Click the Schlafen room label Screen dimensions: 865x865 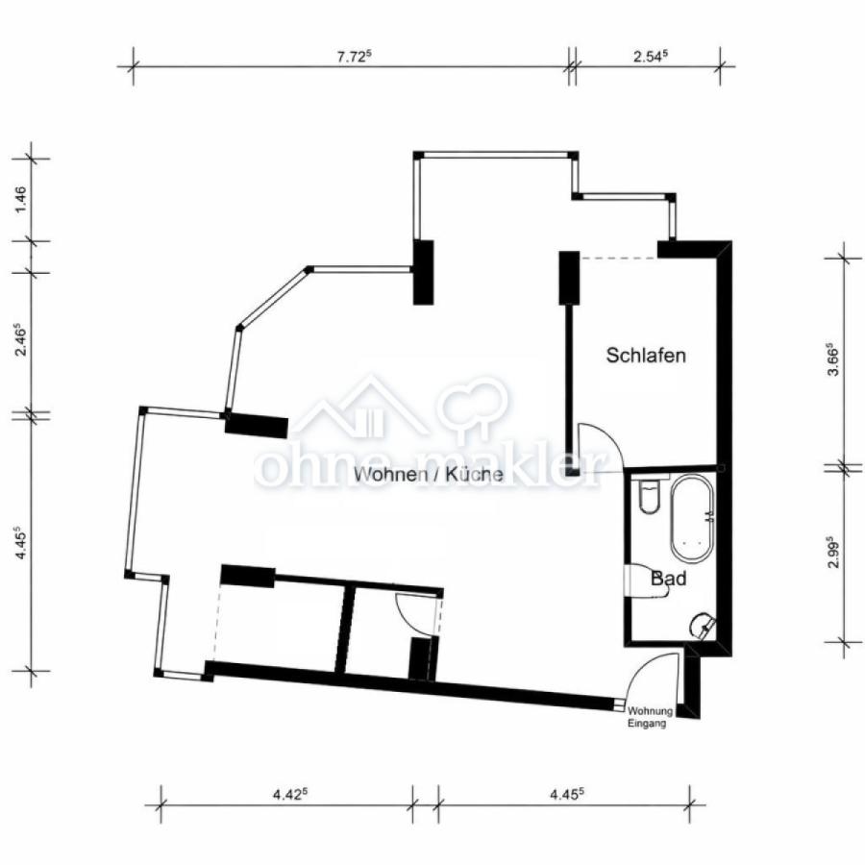[x=646, y=356]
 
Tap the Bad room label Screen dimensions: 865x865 [x=668, y=579]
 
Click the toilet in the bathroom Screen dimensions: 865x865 [x=647, y=499]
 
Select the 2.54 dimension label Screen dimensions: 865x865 [x=650, y=56]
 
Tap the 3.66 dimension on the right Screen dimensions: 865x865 [x=833, y=364]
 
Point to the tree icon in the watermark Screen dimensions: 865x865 [x=473, y=404]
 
